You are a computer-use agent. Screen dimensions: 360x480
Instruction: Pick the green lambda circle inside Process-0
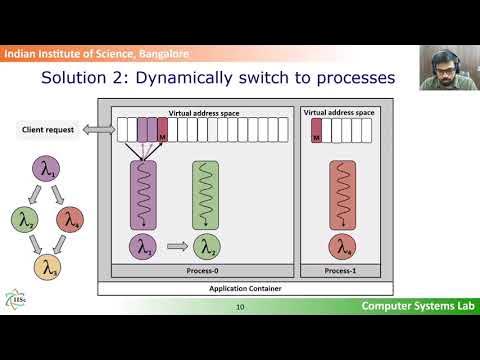(208, 247)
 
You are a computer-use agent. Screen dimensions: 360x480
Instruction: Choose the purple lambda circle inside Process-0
(146, 247)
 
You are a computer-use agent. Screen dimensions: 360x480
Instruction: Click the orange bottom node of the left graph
(46, 267)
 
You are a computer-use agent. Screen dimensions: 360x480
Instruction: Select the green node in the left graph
(22, 218)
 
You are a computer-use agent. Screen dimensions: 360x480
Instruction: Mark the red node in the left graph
(68, 218)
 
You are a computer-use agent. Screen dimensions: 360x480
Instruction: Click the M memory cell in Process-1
(317, 129)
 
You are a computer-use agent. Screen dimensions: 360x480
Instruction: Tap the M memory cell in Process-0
(163, 129)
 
